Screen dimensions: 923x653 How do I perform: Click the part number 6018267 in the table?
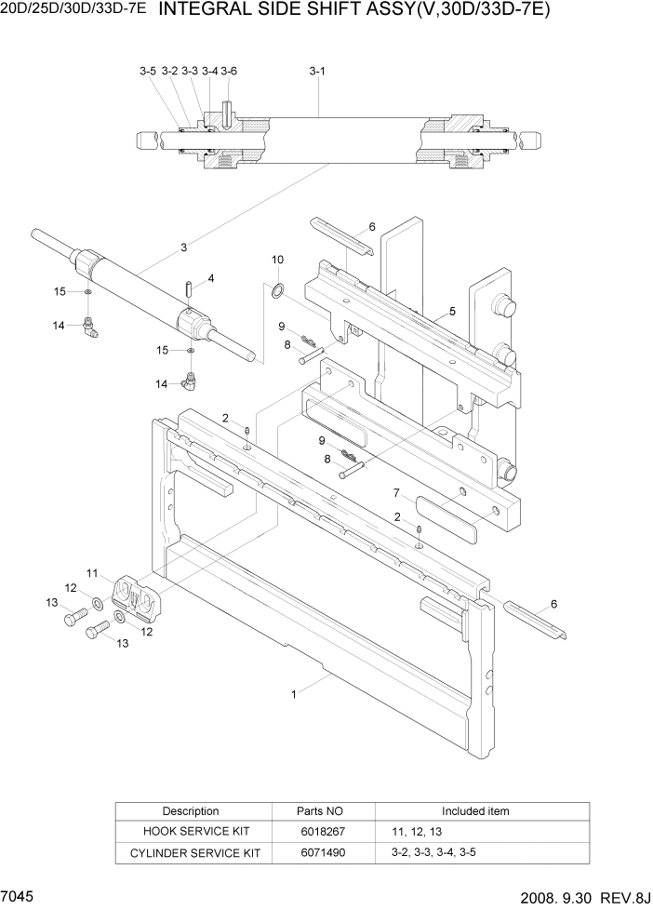pos(321,832)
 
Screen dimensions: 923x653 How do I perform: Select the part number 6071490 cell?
pos(321,852)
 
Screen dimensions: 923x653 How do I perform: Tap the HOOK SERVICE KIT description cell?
pos(191,832)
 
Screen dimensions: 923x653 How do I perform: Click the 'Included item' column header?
pos(475,811)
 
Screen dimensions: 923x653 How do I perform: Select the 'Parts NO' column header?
pos(321,811)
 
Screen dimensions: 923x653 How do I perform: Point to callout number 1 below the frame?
pos(294,693)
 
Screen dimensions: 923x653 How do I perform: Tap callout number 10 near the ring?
pos(277,260)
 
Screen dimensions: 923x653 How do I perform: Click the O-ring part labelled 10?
pos(278,292)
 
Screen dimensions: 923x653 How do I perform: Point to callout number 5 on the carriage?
pos(452,312)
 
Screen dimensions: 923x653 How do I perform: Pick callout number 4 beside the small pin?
pos(211,278)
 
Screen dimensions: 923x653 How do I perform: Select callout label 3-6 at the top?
pos(229,71)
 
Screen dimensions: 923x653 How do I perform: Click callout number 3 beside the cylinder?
pos(184,247)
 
